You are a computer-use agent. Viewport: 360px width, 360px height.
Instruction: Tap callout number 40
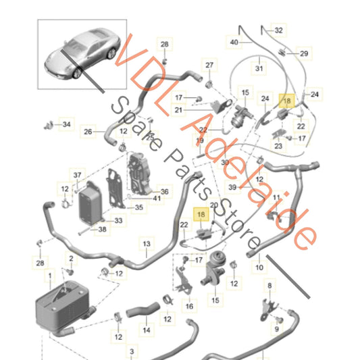point(234,41)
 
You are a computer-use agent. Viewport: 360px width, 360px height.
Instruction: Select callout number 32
point(279,30)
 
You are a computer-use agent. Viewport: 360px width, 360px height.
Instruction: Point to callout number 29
point(303,53)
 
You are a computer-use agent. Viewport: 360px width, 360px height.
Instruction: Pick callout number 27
point(210,66)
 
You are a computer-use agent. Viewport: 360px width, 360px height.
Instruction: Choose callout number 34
point(66,125)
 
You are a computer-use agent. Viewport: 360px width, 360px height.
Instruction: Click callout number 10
point(259,267)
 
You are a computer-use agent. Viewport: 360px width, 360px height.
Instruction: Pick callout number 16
point(189,305)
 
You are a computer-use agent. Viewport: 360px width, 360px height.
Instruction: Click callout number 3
point(131,351)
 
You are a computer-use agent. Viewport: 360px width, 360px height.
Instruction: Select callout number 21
point(178,110)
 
